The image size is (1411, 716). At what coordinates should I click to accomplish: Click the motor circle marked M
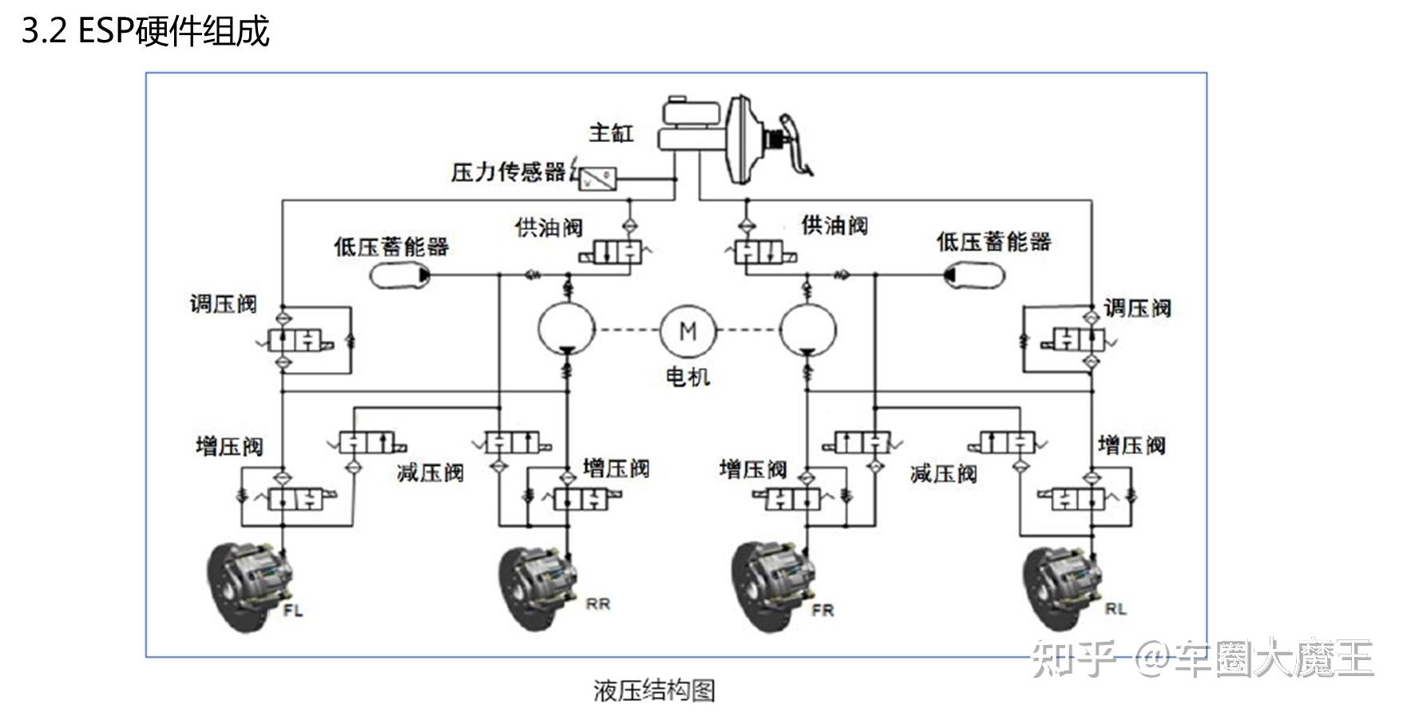(688, 330)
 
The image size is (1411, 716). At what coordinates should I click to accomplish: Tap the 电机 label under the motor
(688, 376)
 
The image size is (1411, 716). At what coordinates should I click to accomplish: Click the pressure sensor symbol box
(598, 177)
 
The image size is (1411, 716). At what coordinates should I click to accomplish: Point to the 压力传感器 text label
(508, 172)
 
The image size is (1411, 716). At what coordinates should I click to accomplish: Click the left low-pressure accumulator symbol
(399, 275)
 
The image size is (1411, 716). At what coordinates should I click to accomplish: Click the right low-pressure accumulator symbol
(973, 275)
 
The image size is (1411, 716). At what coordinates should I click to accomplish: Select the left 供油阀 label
(549, 227)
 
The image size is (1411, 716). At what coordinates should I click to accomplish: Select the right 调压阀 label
(1137, 308)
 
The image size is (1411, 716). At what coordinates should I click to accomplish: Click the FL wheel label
(293, 611)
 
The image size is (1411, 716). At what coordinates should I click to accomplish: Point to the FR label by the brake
(822, 610)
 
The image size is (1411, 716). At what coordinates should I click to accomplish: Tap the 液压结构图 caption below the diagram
(654, 690)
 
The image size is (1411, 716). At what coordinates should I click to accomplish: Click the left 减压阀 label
(430, 473)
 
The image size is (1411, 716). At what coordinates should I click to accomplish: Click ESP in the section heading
(105, 32)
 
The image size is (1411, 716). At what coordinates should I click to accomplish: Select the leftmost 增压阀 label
(229, 445)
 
